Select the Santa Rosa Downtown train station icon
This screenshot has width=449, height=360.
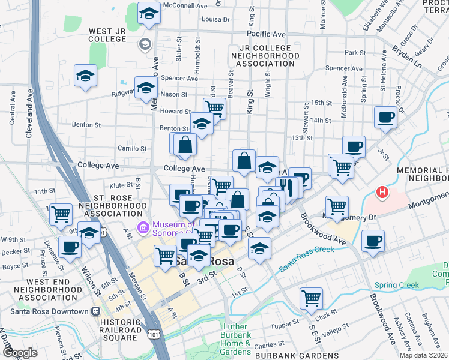[x=95, y=311]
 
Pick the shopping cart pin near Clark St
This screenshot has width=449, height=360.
[x=311, y=298]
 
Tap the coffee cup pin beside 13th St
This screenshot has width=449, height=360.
[x=354, y=146]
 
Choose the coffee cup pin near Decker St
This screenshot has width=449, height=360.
[x=70, y=246]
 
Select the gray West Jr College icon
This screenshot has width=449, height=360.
[x=145, y=44]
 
